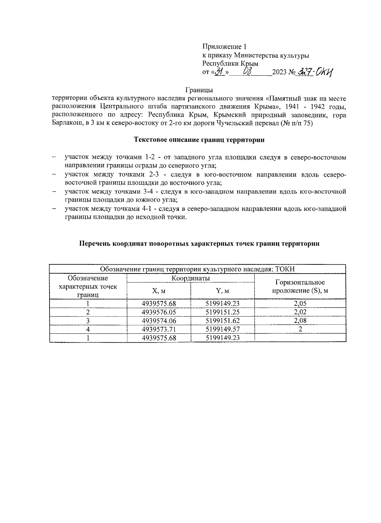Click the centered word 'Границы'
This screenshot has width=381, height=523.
click(x=199, y=90)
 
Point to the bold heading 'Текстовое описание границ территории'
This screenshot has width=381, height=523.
click(x=199, y=140)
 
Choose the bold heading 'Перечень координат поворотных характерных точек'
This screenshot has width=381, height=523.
click(x=199, y=244)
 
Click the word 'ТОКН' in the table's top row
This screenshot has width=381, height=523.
click(x=285, y=269)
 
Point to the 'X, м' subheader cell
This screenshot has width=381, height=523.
click(x=159, y=291)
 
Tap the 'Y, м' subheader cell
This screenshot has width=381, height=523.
click(x=223, y=291)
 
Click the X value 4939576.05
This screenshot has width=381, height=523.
click(x=159, y=312)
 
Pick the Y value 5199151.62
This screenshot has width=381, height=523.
click(x=223, y=321)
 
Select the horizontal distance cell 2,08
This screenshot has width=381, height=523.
click(x=300, y=320)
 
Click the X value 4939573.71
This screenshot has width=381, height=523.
click(x=159, y=329)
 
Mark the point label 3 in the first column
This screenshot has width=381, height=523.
click(x=88, y=321)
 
